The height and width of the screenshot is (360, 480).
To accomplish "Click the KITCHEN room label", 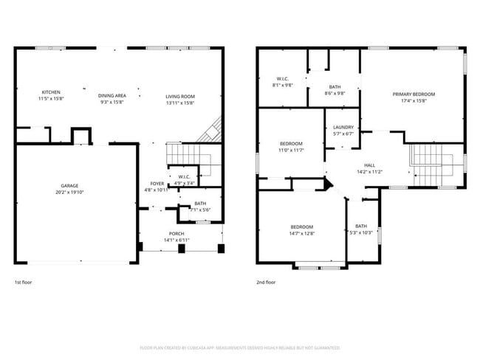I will (x=50, y=92).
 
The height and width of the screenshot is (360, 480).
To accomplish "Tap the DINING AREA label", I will (x=113, y=95).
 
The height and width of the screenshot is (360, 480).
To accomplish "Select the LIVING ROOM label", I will (x=179, y=95).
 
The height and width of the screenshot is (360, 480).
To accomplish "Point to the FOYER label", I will (x=157, y=184).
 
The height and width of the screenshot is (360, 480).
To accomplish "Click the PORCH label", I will (x=176, y=234).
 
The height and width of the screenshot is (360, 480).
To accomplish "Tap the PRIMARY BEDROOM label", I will (x=414, y=94).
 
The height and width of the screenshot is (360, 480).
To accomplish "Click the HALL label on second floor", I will (x=369, y=165).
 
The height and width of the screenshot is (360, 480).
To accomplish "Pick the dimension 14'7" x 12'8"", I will (x=301, y=233).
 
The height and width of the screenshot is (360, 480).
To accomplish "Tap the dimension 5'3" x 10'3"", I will (x=360, y=233).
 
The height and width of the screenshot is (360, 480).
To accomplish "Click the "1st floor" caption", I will (x=23, y=282).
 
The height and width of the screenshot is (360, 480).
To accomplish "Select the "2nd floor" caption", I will (x=265, y=282).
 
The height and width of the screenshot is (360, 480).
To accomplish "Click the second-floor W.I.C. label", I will (x=282, y=78).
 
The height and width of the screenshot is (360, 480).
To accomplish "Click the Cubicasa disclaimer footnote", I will (x=240, y=347).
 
